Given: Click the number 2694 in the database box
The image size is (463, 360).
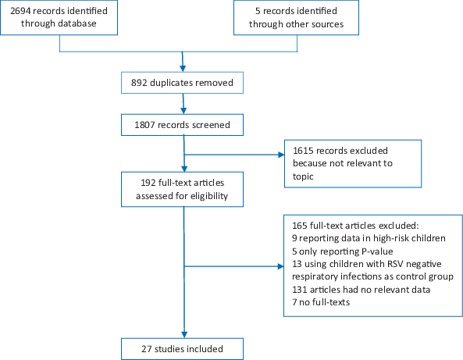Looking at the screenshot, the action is point(20,11).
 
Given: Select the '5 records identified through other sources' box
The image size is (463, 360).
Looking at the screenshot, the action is point(296,18).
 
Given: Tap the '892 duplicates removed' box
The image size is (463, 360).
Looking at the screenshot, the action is point(182,83).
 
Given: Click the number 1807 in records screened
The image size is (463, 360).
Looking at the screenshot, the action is point(144,125).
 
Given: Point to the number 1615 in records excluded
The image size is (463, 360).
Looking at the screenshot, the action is point(303,151).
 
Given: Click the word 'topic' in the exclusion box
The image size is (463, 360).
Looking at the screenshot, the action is point(303,176).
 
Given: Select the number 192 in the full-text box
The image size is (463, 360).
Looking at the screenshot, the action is point(148,183).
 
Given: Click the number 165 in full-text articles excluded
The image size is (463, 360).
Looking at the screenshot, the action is point(300,226).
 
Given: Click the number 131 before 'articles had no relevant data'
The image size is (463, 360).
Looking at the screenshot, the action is point(299,290).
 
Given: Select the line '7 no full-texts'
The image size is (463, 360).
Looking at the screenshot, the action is point(321,302).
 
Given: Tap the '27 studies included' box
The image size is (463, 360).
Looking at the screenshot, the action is point(182,349).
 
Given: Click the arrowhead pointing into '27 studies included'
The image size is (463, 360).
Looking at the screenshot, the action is point(184,334).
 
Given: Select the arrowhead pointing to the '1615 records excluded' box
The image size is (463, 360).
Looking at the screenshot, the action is point(281,155).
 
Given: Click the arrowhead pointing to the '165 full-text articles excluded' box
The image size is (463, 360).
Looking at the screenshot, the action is point(280,266).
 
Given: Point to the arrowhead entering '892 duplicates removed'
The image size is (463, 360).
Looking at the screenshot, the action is point(183,69).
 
